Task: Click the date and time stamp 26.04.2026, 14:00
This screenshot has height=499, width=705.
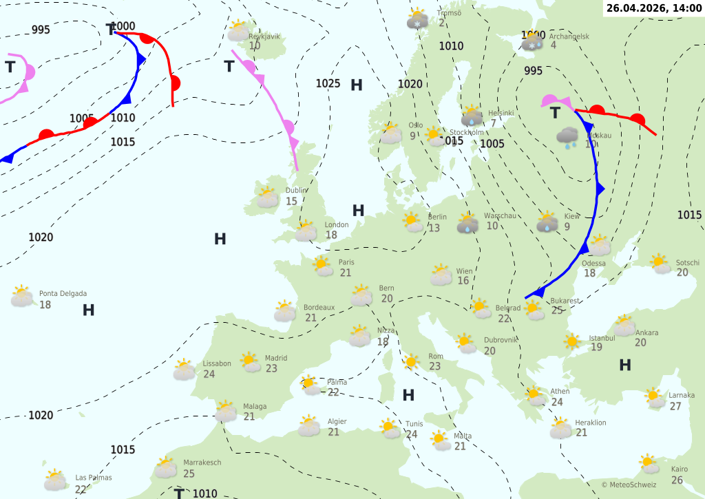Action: click(654, 8)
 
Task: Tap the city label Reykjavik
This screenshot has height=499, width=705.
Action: click(264, 36)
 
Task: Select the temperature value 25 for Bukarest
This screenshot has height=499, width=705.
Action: click(558, 311)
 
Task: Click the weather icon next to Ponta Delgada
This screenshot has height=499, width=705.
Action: click(22, 297)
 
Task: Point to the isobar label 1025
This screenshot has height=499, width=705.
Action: click(328, 84)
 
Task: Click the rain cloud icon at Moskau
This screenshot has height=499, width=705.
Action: click(568, 137)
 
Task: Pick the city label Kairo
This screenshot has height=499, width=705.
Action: click(679, 469)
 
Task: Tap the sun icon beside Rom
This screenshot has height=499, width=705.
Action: click(412, 361)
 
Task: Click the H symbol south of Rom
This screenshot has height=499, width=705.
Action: click(408, 395)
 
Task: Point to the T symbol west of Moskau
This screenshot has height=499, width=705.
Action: click(555, 114)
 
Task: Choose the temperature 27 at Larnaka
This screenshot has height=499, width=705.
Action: click(675, 406)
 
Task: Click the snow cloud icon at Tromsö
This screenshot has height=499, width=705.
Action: click(418, 19)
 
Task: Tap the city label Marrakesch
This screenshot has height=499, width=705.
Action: click(202, 463)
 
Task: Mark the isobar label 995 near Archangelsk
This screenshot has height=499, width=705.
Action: click(533, 71)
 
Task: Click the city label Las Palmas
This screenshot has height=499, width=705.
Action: click(94, 478)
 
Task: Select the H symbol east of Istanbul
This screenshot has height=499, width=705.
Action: click(625, 365)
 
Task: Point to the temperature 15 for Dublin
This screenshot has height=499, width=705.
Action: click(291, 202)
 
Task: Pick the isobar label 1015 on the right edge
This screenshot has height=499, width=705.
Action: click(689, 215)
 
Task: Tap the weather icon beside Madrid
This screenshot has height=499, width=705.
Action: click(250, 362)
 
